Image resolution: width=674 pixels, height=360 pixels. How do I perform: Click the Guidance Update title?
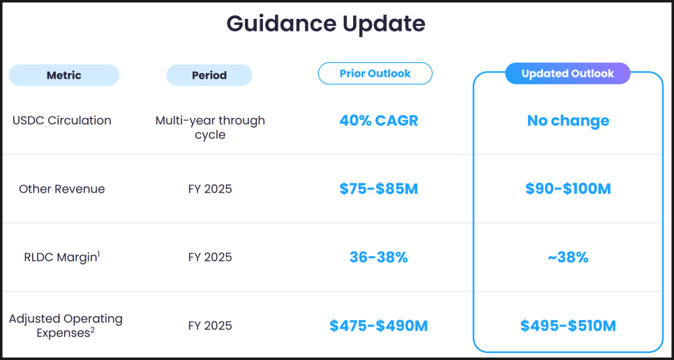click(x=326, y=24)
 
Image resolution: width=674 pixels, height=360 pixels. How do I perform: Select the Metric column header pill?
click(x=64, y=75)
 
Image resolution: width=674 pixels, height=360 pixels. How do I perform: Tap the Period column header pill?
click(x=209, y=75)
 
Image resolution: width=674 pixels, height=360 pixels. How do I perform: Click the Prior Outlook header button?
click(x=375, y=73)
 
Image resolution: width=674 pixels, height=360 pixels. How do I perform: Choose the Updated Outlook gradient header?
click(x=568, y=73)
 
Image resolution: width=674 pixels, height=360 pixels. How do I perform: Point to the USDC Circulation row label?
click(x=62, y=120)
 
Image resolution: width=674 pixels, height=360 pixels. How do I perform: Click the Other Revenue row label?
click(x=62, y=188)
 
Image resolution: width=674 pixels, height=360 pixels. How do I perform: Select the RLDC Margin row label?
click(x=62, y=257)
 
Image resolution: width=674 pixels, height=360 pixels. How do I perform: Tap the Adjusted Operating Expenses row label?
click(x=66, y=325)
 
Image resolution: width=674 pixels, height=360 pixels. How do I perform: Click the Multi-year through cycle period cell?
click(x=210, y=127)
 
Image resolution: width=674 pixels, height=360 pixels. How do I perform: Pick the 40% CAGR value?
click(x=379, y=121)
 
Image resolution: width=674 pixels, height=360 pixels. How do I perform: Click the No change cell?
click(x=568, y=121)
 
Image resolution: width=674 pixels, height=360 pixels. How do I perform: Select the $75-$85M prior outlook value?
click(x=379, y=189)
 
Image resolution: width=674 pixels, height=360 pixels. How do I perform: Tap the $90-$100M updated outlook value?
click(x=568, y=189)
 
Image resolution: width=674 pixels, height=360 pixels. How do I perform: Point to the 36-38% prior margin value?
click(x=379, y=257)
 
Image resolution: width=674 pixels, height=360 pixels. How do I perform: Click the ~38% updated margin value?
click(x=568, y=257)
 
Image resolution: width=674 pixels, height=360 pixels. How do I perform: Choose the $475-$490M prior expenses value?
click(x=379, y=326)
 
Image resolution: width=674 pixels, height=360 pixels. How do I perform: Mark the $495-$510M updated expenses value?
click(x=568, y=326)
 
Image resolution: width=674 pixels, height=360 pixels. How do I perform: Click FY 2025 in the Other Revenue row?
click(x=210, y=188)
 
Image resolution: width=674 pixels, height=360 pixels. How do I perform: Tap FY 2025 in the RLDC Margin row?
click(x=210, y=257)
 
